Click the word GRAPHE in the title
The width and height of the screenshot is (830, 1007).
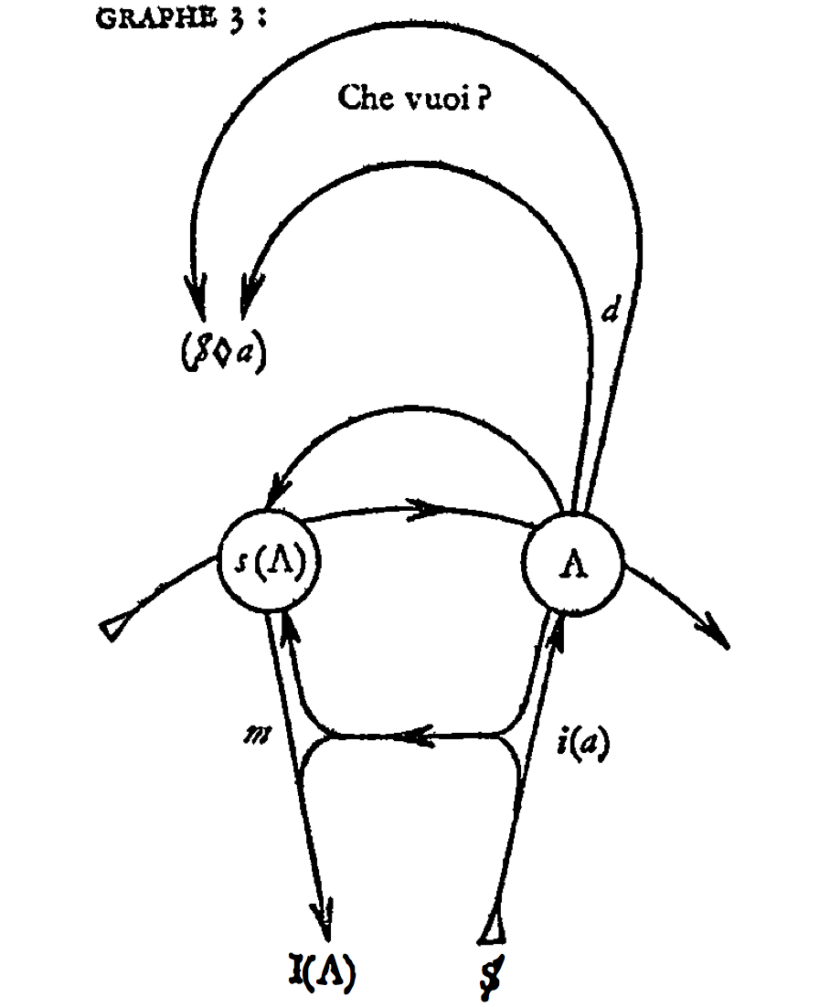155,18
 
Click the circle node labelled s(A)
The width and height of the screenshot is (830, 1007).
269,561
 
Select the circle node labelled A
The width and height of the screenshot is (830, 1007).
573,565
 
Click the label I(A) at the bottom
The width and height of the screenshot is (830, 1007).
322,972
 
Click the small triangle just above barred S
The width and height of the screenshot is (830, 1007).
493,929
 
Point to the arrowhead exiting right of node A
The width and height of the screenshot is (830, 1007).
717,631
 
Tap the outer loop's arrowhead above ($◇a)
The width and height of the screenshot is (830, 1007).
197,295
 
